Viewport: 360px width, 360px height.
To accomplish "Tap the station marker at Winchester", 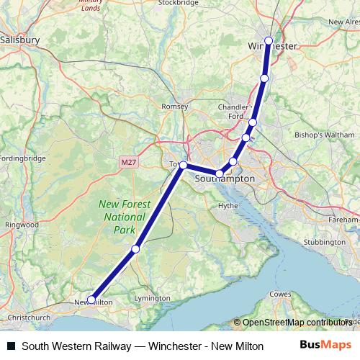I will click(269, 41).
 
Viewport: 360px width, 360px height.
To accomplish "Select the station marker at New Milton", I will click(91, 300).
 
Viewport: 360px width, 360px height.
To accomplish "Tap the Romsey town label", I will click(176, 106).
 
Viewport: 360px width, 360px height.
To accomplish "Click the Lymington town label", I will click(152, 297).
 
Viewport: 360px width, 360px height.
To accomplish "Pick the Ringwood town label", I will click(22, 225).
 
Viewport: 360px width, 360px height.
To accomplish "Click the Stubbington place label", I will click(324, 242).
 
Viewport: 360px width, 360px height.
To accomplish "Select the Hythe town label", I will click(228, 205).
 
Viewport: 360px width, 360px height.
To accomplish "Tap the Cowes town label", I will click(280, 294).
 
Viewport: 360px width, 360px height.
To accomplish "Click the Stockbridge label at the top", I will click(178, 3).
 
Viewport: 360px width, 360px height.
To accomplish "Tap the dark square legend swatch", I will click(11, 346).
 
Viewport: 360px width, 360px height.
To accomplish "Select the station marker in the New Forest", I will click(135, 249).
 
